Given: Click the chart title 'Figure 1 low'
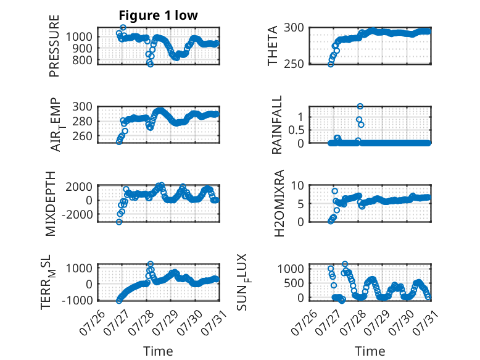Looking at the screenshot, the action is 159,15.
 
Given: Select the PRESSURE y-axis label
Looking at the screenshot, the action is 54,46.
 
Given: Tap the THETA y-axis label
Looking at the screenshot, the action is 272,46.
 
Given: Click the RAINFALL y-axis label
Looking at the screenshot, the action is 276,125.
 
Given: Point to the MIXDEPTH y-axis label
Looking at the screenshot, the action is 51,204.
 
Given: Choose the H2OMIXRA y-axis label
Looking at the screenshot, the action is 279,203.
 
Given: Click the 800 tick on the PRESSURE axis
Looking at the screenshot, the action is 82,61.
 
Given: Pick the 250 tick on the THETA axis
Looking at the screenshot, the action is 294,64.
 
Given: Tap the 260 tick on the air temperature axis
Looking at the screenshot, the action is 82,136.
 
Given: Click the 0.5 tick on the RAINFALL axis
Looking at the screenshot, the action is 296,130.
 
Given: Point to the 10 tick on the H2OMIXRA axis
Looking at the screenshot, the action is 297,185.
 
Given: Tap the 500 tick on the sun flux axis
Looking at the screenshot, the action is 294,283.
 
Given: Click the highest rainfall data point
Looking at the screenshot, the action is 360,106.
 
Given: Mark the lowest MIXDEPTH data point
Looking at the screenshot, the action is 119,222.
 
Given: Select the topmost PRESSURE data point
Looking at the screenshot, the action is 123,28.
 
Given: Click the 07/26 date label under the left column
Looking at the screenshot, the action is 93,322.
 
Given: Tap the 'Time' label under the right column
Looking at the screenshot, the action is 370,351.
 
